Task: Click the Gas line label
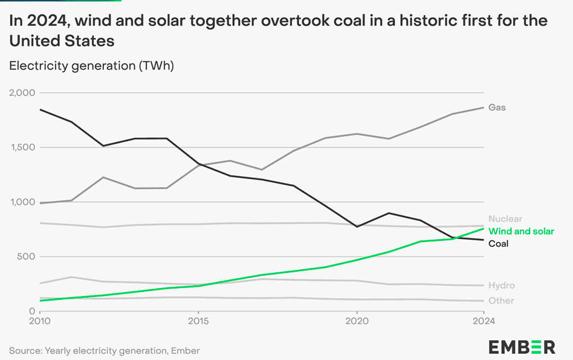pos(497,107)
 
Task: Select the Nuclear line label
pos(505,219)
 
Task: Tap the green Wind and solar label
pos(521,231)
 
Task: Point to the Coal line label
pos(498,244)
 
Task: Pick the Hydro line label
pos(501,285)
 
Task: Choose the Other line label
pos(501,300)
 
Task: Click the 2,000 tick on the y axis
pos(22,93)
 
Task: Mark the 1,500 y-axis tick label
pos(22,147)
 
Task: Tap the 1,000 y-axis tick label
pos(22,202)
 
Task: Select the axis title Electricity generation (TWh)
pos(92,66)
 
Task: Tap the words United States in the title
pos(62,41)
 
